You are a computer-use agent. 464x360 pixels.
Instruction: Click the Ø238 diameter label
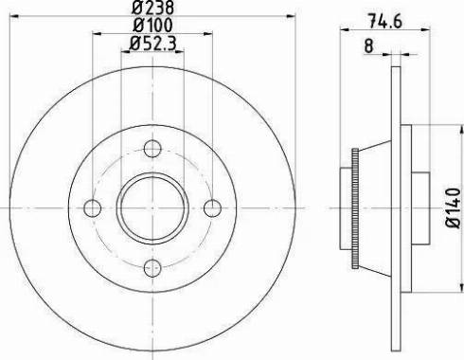click(152, 9)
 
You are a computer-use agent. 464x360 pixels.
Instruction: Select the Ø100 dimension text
click(152, 26)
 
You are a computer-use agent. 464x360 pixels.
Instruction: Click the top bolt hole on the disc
click(152, 148)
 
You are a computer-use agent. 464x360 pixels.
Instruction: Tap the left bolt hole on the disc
click(92, 208)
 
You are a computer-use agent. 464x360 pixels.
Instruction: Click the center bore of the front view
click(152, 208)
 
